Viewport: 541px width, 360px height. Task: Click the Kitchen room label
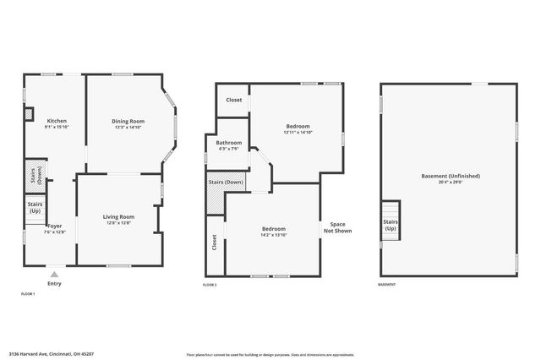click(x=57, y=121)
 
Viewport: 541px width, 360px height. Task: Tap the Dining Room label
click(x=128, y=121)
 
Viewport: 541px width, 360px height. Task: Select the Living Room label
click(x=118, y=217)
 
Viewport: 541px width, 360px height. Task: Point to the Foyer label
click(x=55, y=226)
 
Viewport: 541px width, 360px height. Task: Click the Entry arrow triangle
click(x=54, y=274)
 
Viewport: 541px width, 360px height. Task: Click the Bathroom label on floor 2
click(x=230, y=143)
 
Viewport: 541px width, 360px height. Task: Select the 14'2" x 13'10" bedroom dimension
click(x=273, y=235)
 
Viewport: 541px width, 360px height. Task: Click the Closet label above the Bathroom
click(x=233, y=100)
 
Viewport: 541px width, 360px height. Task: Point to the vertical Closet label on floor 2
click(x=215, y=243)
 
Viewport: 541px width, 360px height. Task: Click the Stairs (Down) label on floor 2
click(x=226, y=183)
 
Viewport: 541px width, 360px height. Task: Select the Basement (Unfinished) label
click(x=451, y=176)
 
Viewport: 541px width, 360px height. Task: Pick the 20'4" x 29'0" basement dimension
click(x=451, y=182)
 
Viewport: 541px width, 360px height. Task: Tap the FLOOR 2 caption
click(x=210, y=286)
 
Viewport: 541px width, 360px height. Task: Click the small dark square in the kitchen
click(x=29, y=112)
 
